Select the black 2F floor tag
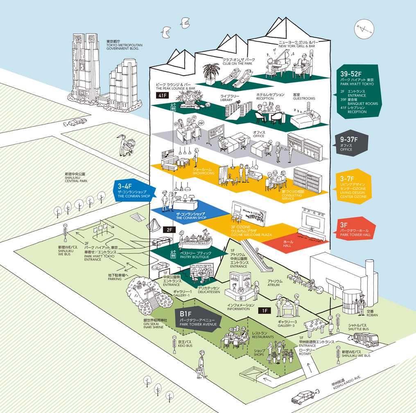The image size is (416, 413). point(169,230)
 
